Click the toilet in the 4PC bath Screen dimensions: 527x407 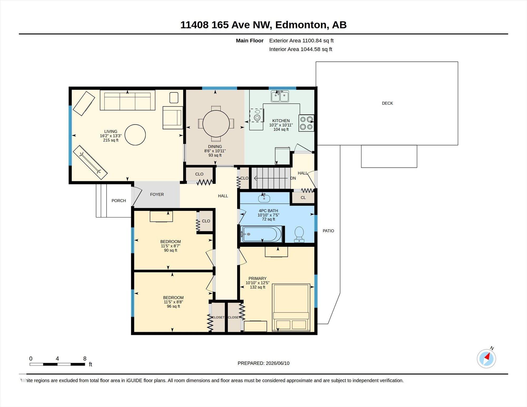299,234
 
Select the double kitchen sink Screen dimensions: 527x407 280,96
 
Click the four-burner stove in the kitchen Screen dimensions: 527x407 306,123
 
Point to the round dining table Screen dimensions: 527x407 216,124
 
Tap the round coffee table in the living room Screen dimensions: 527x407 135,135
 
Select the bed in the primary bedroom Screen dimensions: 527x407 291,307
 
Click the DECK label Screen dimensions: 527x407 387,103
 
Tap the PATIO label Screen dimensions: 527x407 328,231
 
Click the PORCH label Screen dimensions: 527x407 119,201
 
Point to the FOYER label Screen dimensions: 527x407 157,194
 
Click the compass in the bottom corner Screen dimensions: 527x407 486,358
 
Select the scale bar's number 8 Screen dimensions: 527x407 85,359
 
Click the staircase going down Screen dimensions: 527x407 271,178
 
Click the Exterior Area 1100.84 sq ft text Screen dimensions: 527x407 301,41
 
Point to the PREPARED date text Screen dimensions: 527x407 263,363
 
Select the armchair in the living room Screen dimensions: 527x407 173,117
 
